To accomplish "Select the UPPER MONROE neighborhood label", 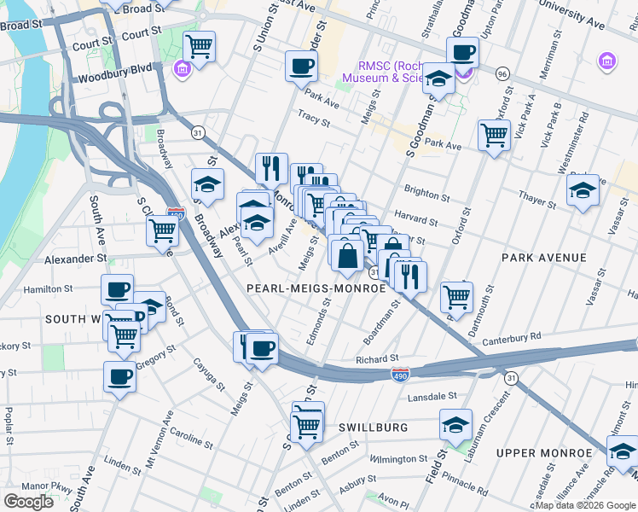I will (x=545, y=452).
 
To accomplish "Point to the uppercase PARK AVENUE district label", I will (x=544, y=258).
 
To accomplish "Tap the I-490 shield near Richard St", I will (x=399, y=375).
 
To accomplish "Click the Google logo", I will (x=29, y=501).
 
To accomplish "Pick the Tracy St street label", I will (x=313, y=117).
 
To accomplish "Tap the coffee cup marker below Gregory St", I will (x=120, y=375).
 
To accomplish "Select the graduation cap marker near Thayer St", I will (x=583, y=191).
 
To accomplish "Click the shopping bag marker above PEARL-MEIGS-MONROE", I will (x=347, y=254).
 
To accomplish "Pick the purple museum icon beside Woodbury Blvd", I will (x=182, y=68).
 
